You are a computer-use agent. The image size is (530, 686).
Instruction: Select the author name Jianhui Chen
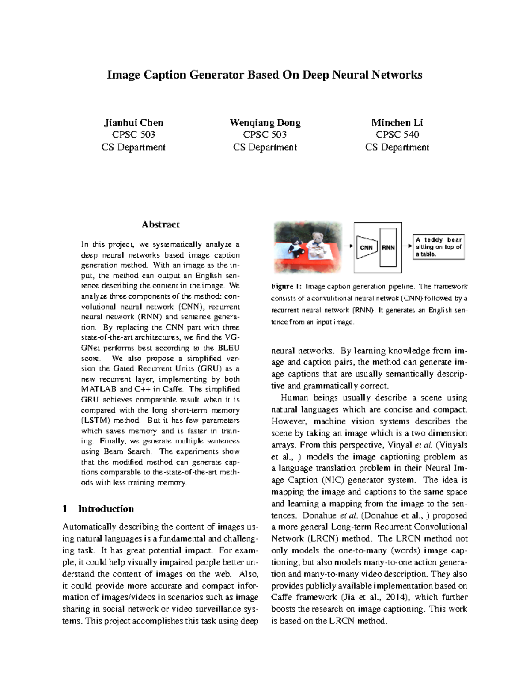pos(133,123)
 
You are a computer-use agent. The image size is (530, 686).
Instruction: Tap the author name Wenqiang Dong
pos(265,123)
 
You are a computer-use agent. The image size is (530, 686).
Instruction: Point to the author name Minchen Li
pos(397,123)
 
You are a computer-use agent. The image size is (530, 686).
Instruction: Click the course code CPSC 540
pos(397,135)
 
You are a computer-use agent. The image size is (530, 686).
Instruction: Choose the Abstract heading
pos(160,224)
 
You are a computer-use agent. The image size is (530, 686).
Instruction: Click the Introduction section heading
pos(106,509)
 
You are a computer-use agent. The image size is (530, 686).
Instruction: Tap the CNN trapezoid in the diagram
pos(366,247)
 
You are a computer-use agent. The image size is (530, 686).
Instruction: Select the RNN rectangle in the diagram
pos(388,247)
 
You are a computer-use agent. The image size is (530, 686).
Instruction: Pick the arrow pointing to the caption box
pos(407,246)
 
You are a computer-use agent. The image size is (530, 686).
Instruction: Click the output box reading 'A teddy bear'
pos(438,247)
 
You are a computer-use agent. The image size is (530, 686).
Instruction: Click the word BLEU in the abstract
pos(228,348)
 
